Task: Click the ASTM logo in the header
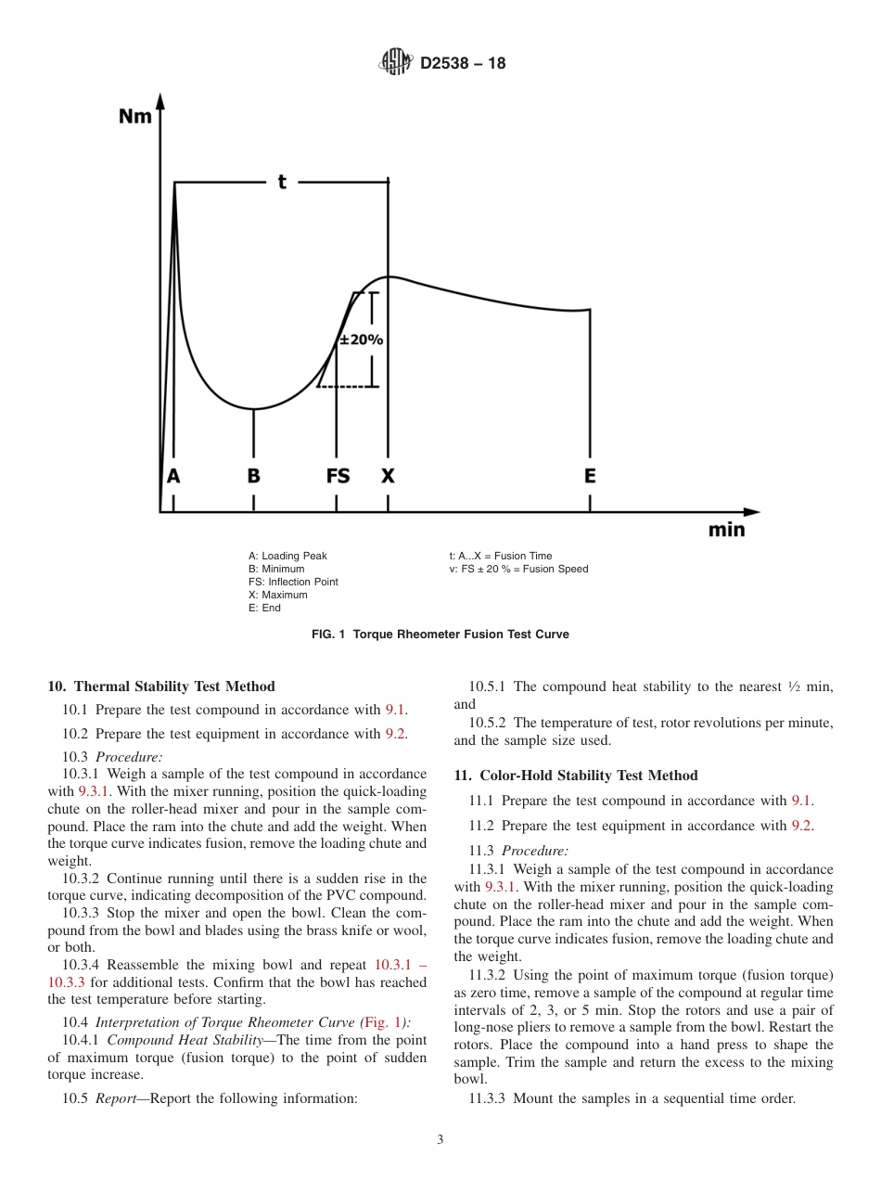[x=395, y=63]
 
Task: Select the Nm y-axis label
[x=135, y=117]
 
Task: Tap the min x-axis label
[x=726, y=531]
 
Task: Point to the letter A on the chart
[x=173, y=476]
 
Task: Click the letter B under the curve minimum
[x=253, y=476]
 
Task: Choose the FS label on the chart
[x=338, y=476]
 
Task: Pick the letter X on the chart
[x=388, y=476]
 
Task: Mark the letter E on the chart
[x=590, y=476]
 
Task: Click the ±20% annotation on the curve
[x=361, y=340]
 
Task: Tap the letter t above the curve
[x=282, y=182]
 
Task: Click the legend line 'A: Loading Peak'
[x=287, y=557]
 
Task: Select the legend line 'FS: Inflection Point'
[x=293, y=582]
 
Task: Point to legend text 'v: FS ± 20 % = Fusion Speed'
[x=518, y=569]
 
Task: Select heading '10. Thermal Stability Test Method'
[x=160, y=686]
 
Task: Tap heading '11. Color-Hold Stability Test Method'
[x=575, y=776]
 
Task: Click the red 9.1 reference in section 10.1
[x=395, y=710]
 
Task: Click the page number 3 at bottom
[x=440, y=1140]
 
